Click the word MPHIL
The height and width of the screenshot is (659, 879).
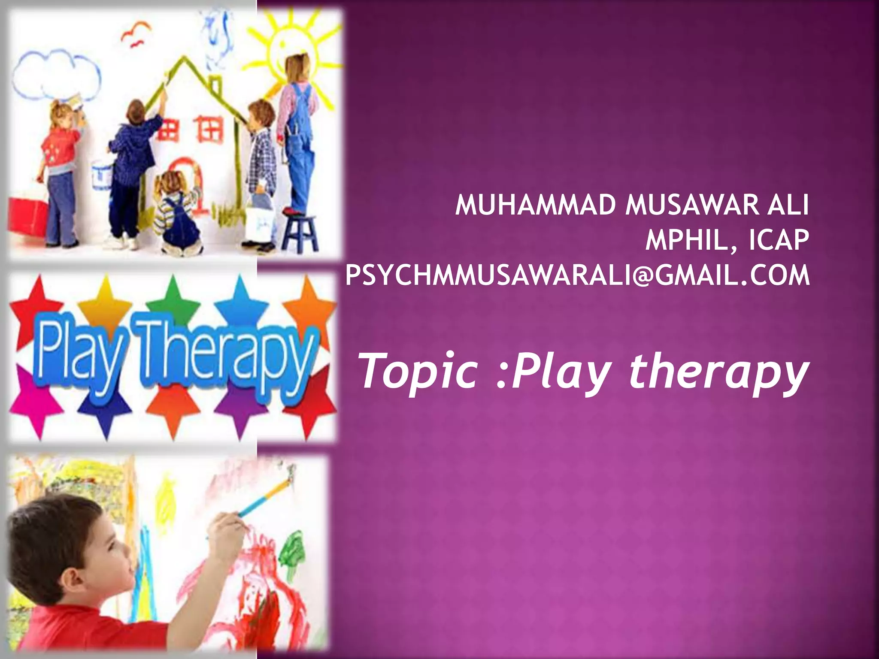[692, 240]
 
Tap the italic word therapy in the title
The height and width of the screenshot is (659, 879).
[719, 372]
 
